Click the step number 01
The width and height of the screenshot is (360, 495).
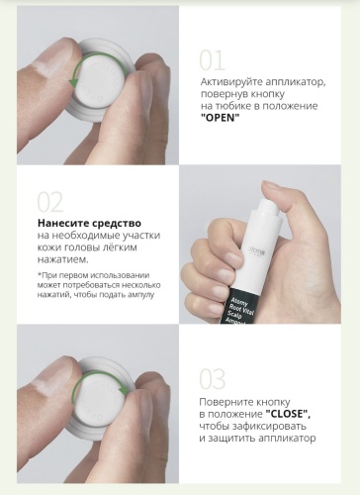213,60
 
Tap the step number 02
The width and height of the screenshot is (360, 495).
50,202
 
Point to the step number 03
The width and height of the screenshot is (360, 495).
213,379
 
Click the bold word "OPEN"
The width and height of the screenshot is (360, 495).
220,118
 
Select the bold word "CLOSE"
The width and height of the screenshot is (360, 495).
288,414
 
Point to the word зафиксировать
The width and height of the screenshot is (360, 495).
269,426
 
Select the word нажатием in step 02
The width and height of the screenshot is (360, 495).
63,259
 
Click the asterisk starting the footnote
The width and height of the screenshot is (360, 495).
40,274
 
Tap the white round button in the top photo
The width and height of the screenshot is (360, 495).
97,79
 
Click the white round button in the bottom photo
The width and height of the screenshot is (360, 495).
99,398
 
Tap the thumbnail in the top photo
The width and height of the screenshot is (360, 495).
52,53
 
